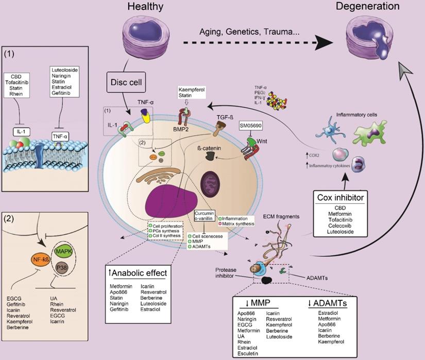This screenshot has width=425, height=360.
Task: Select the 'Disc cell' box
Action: coord(126,82)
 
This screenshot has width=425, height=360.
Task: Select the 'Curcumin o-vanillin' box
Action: coord(205,215)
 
